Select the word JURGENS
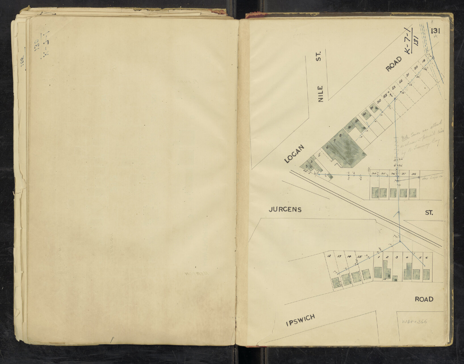(x=285, y=210)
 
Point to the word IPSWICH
(x=301, y=320)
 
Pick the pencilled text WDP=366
(x=415, y=322)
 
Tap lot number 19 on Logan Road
(x=423, y=61)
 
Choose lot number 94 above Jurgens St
(x=374, y=174)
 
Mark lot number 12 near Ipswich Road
(x=329, y=256)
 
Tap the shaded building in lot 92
(x=366, y=116)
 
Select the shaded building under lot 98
(x=413, y=193)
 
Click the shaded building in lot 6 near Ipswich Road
(x=426, y=274)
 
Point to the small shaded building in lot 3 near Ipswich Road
(x=395, y=278)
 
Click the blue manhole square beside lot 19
(x=433, y=58)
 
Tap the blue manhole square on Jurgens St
(x=399, y=212)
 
